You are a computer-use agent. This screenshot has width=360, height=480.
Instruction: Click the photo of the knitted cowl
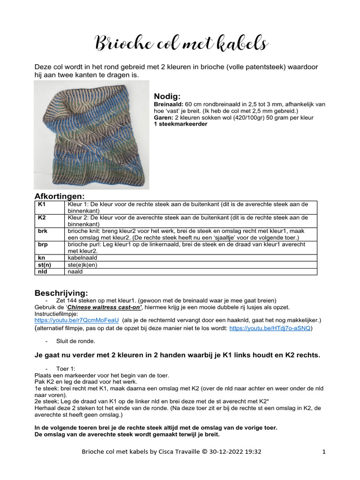pyautogui.click(x=91, y=135)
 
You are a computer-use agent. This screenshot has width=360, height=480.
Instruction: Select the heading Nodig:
pyautogui.click(x=167, y=96)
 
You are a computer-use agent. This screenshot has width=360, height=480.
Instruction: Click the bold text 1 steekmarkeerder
pyautogui.click(x=180, y=124)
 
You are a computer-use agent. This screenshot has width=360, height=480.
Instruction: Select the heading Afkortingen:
pyautogui.click(x=59, y=196)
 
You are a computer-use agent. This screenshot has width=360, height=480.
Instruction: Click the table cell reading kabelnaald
pyautogui.click(x=83, y=258)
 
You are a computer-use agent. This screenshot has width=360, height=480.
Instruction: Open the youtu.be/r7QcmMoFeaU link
pyautogui.click(x=77, y=320)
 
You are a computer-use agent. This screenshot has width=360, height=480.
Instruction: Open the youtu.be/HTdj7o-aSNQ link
pyautogui.click(x=270, y=329)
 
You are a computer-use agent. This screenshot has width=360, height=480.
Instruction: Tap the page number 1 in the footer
pyautogui.click(x=324, y=452)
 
